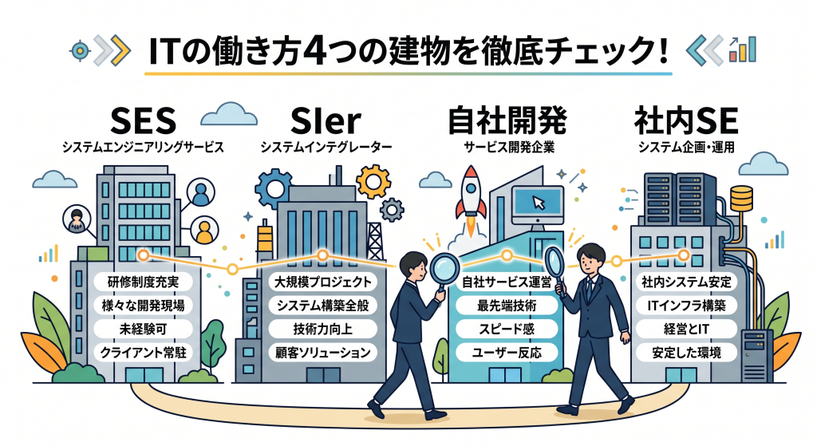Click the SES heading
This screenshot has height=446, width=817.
point(141,122)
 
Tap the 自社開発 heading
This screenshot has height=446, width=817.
point(505,122)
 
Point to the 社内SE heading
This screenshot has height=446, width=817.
point(685,122)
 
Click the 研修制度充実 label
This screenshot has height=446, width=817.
point(142,281)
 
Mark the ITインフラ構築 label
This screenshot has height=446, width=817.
point(687,305)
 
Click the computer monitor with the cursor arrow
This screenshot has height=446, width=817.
point(535,199)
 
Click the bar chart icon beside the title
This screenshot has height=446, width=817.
point(744,49)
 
